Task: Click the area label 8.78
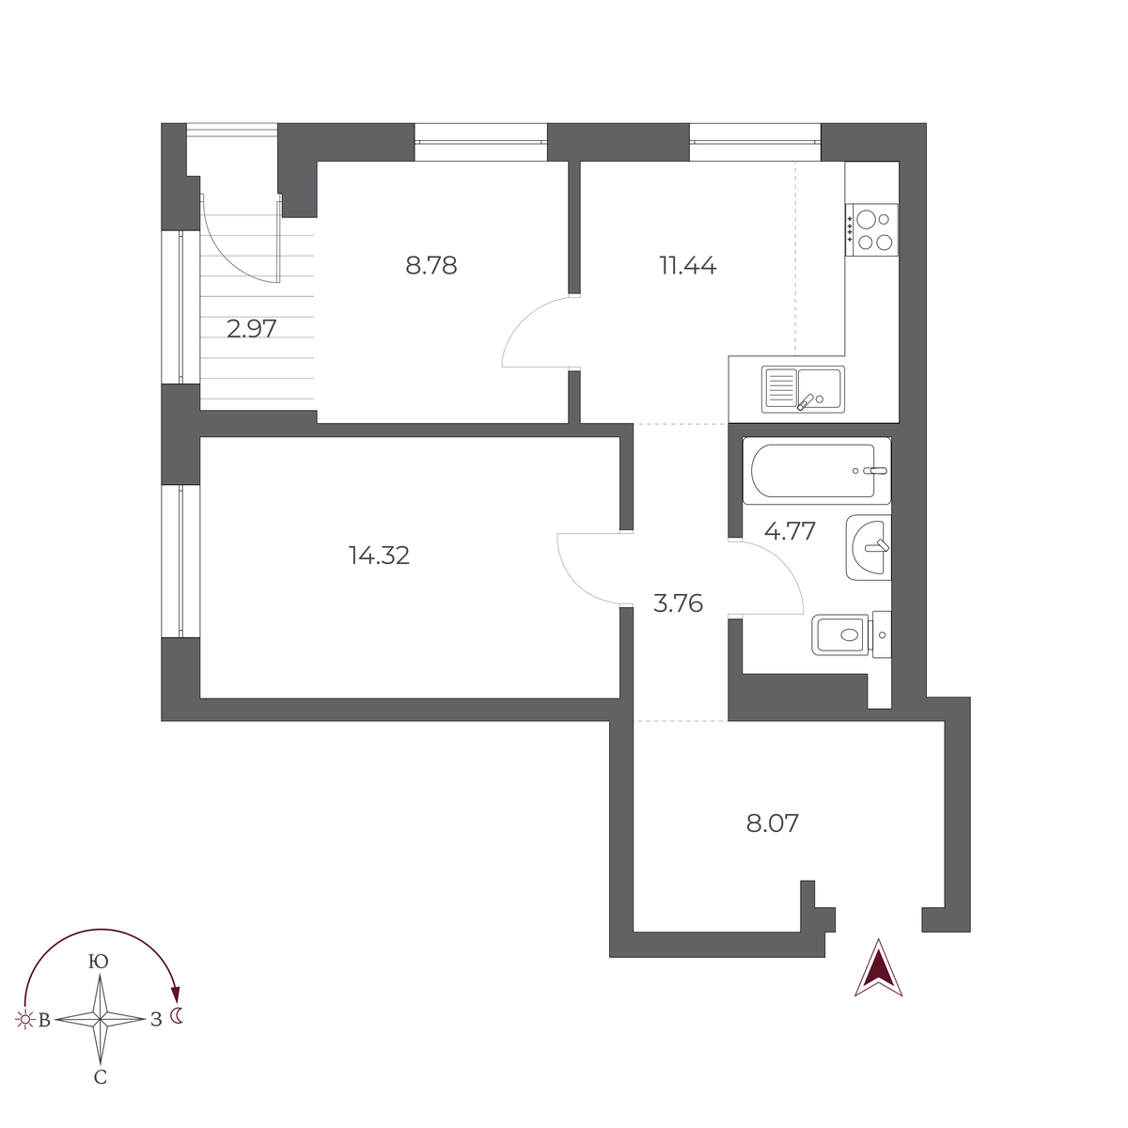[x=431, y=266]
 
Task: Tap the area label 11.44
[x=687, y=266]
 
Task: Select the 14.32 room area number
[x=379, y=556]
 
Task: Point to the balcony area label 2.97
[x=252, y=329]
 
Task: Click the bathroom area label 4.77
[x=790, y=531]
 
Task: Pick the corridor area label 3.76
[x=678, y=603]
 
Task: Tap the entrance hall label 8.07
[x=772, y=824]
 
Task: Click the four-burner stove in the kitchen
[x=871, y=229]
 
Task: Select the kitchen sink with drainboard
[x=803, y=389]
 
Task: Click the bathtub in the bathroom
[x=816, y=471]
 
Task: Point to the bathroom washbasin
[x=868, y=547]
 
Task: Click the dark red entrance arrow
[x=878, y=968]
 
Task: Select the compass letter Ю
[x=98, y=962]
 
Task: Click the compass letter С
[x=100, y=1078]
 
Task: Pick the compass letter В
[x=43, y=1020]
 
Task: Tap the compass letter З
[x=155, y=1019]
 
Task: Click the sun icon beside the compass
[x=23, y=1019]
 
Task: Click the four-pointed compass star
[x=100, y=1019]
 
